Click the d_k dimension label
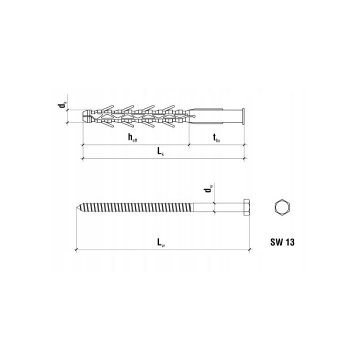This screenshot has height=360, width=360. click(x=62, y=105)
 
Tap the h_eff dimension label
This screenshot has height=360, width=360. click(x=132, y=138)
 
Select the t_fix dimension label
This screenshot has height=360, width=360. click(x=216, y=138)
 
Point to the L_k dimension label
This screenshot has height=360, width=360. click(x=160, y=151)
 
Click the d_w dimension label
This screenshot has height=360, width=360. click(x=208, y=189)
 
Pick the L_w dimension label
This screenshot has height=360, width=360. click(x=160, y=242)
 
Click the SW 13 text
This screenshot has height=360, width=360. click(x=282, y=242)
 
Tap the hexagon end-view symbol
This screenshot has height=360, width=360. click(x=282, y=207)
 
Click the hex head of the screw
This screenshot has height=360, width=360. click(x=247, y=207)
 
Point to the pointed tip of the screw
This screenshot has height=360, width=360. click(x=76, y=207)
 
